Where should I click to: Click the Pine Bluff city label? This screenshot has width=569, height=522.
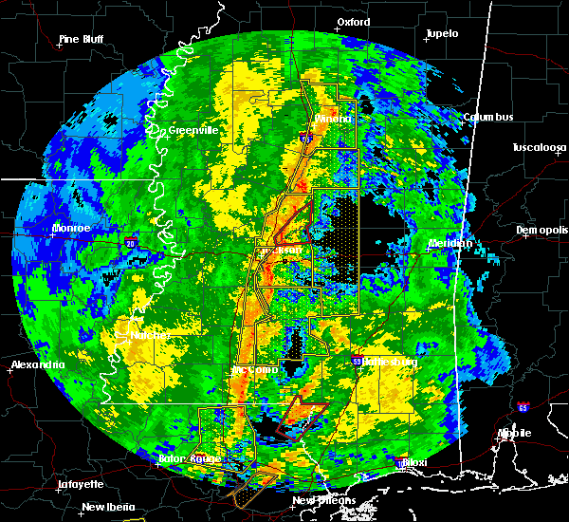point(81,39)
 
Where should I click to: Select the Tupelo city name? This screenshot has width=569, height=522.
point(441,33)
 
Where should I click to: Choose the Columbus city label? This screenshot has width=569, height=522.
point(488,117)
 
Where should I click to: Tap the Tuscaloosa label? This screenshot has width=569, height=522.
point(540,147)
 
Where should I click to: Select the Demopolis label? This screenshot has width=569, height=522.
point(541,230)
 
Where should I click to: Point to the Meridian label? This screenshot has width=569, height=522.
point(450,243)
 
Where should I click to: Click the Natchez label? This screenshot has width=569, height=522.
point(150,335)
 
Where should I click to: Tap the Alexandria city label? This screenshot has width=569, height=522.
point(38,364)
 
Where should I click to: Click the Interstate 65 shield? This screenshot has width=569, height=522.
point(523,407)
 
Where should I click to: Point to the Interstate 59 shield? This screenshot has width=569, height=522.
point(357,362)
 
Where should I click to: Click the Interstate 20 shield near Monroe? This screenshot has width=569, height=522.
point(130,244)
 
